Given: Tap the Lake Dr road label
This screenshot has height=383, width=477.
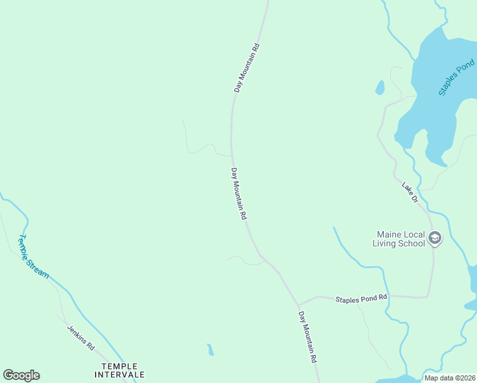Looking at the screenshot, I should tap(409, 193).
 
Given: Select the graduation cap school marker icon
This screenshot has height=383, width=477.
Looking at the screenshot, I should tap(435, 239).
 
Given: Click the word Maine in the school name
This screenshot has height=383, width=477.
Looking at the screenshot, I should tap(388, 234).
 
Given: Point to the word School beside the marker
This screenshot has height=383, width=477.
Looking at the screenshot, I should tap(411, 243).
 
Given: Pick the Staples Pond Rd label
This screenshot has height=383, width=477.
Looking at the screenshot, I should tap(361, 298).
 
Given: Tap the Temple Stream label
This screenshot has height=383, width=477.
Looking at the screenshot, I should tap(33, 257).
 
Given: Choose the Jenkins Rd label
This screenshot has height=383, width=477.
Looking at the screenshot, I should tap(81, 338).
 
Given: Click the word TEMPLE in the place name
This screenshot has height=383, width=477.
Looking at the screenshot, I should tap(119, 366).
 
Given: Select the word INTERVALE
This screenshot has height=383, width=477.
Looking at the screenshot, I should tap(123, 375).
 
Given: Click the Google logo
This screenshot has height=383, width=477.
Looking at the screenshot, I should tap(21, 375).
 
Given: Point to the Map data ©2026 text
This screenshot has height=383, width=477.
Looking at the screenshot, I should tap(449, 378).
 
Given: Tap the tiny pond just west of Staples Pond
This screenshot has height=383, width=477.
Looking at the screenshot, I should tap(380, 87).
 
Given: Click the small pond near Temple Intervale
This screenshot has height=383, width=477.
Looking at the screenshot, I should tap(210, 350).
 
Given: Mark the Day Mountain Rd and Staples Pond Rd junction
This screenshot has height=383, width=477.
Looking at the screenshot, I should tap(298, 305).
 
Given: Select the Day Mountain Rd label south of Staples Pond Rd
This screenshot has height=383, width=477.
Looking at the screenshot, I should tap(308, 337).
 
